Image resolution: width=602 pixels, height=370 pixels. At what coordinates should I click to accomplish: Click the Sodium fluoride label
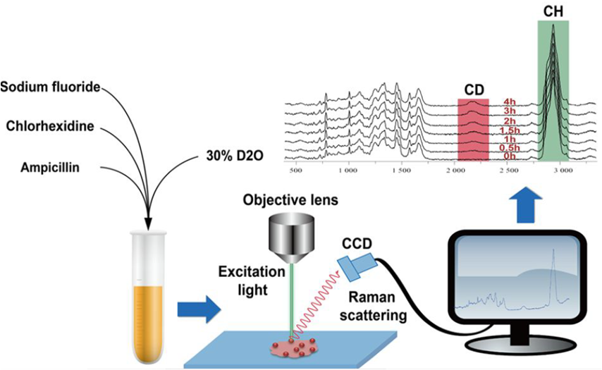[51, 87]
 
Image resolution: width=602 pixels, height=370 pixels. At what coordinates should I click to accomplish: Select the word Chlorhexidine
[50, 127]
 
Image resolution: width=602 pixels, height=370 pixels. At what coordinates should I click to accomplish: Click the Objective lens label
[290, 200]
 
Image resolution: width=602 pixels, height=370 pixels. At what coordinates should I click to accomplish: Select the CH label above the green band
[553, 11]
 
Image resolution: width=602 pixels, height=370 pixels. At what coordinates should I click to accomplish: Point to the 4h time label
[510, 101]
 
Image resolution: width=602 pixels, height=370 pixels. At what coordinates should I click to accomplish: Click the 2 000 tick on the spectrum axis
[455, 171]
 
